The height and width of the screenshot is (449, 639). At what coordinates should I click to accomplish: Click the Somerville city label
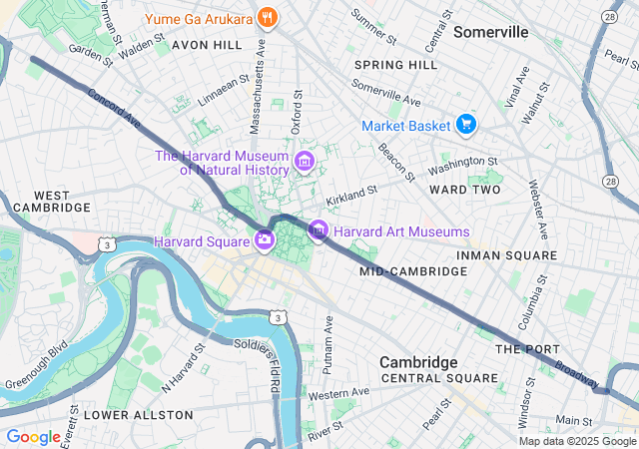[490, 32]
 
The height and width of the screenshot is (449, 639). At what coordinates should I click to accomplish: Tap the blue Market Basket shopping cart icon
[465, 125]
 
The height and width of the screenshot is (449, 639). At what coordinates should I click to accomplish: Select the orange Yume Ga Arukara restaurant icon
[267, 17]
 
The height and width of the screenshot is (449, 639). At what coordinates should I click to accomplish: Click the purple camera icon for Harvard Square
[264, 238]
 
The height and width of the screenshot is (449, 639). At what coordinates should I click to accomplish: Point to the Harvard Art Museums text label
[401, 231]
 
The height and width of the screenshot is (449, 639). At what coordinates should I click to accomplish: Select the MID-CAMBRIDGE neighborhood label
[400, 271]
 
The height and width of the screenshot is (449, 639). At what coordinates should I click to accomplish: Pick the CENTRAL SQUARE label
[439, 378]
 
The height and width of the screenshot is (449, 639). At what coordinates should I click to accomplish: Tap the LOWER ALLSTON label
[123, 413]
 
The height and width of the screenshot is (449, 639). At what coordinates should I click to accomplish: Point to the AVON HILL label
[207, 45]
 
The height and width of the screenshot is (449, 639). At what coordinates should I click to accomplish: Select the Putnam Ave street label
[327, 344]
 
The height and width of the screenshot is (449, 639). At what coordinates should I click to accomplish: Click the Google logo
[33, 437]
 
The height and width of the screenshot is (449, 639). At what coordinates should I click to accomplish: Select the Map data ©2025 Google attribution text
[577, 441]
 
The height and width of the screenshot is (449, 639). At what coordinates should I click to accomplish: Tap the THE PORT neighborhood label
[523, 348]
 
